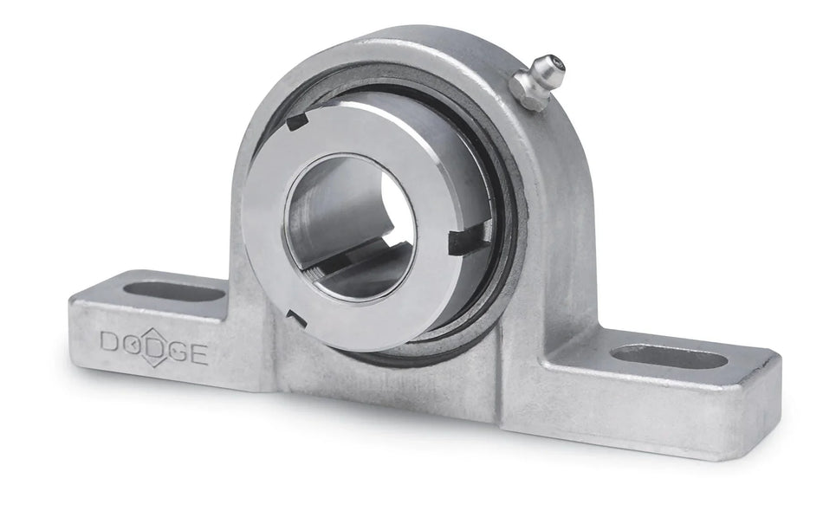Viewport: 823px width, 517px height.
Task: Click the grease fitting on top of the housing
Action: point(537,81)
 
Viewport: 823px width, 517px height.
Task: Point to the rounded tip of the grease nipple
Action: point(551,65)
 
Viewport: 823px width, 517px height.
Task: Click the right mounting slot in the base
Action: point(669,356)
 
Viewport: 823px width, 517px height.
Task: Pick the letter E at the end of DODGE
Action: point(198,353)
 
